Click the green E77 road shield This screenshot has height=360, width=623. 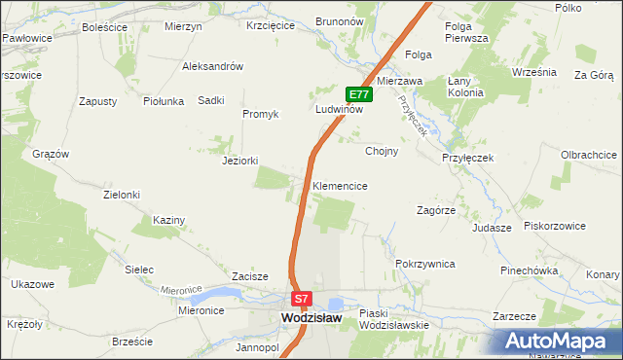(359, 94)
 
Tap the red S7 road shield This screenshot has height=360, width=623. (302, 299)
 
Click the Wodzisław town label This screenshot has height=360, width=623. (310, 317)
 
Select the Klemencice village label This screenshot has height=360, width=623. (340, 185)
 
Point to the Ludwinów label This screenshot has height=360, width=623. (339, 110)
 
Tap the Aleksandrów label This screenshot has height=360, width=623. (212, 66)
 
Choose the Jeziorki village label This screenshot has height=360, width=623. (239, 161)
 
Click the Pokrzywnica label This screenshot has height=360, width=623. (425, 264)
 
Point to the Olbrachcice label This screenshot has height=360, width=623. (589, 155)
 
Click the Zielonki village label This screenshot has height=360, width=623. (122, 195)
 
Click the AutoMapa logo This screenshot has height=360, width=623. (559, 341)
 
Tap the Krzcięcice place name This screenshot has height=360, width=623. (271, 26)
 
